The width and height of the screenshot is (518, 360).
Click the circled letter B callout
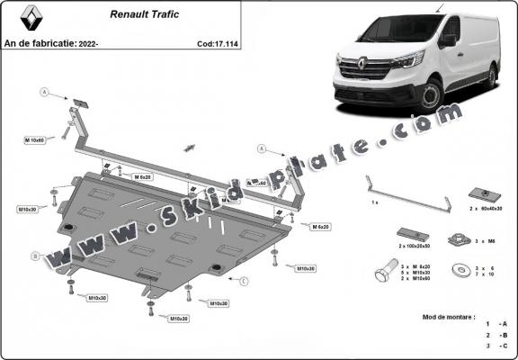(35, 256)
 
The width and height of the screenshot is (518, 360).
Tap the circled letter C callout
(244, 281)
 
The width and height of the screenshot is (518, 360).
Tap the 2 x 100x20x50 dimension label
(415, 245)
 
